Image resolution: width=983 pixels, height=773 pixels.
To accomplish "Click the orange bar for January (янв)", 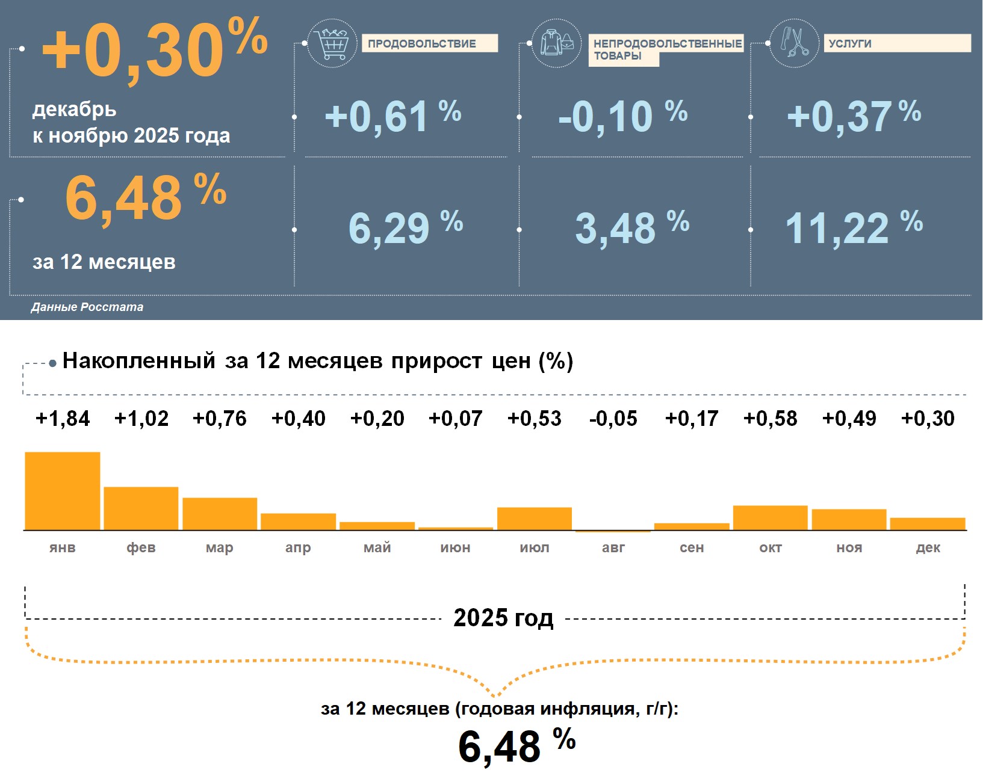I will pyautogui.click(x=63, y=491).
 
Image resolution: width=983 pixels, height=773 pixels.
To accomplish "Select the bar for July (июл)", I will pyautogui.click(x=535, y=519).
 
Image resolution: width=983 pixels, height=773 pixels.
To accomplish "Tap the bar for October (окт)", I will pyautogui.click(x=770, y=518).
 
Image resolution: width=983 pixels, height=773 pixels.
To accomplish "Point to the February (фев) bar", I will pyautogui.click(x=141, y=508).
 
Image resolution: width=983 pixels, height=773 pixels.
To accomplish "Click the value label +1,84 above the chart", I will pyautogui.click(x=63, y=419).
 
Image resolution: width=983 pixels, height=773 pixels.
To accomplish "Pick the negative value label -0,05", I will pyautogui.click(x=613, y=419).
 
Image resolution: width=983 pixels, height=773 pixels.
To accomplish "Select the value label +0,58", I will pyautogui.click(x=770, y=419).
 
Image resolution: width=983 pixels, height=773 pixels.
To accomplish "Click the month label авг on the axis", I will pyautogui.click(x=613, y=547).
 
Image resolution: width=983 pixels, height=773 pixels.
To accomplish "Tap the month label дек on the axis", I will pyautogui.click(x=928, y=547).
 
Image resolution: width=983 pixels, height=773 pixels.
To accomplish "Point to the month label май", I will pyautogui.click(x=377, y=547).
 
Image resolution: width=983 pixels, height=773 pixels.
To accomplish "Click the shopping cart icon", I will pyautogui.click(x=332, y=43).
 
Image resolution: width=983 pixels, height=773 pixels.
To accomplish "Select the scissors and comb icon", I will pyautogui.click(x=795, y=43).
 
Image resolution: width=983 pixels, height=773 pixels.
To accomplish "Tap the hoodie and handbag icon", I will pyautogui.click(x=557, y=43).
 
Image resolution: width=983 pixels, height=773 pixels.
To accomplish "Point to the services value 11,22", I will pyautogui.click(x=837, y=229).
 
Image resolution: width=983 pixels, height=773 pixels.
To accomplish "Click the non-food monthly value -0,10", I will pyautogui.click(x=606, y=117).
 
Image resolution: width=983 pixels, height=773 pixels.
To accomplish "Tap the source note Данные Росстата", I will pyautogui.click(x=87, y=307).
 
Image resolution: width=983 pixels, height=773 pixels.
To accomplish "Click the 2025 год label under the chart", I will pyautogui.click(x=503, y=618).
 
